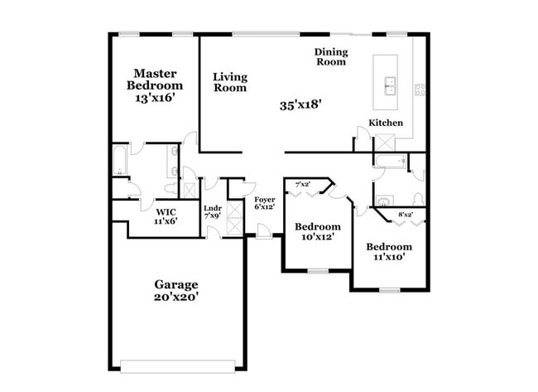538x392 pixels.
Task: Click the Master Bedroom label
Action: (154, 80)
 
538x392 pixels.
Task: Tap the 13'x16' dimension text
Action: (154, 97)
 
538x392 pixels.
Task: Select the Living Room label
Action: (230, 82)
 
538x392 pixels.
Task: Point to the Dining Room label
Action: (330, 56)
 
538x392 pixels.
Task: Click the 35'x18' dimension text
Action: (300, 105)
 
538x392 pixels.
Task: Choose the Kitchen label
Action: (386, 123)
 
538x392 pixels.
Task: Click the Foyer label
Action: (264, 199)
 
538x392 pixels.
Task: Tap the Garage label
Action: (175, 284)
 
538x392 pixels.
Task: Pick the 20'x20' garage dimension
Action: (175, 297)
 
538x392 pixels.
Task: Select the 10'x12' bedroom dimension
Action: (318, 238)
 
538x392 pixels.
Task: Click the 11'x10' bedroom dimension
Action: (389, 258)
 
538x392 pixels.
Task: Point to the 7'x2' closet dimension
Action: (303, 184)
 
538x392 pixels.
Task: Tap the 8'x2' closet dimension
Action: (406, 215)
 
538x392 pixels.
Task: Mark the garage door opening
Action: (183, 365)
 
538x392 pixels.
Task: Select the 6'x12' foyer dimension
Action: (264, 207)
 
